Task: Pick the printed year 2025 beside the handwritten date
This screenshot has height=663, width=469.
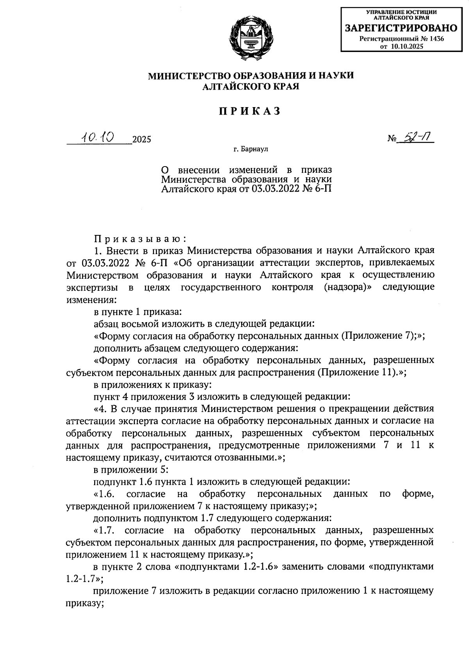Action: (142, 140)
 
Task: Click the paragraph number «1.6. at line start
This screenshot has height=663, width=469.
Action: (104, 494)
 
